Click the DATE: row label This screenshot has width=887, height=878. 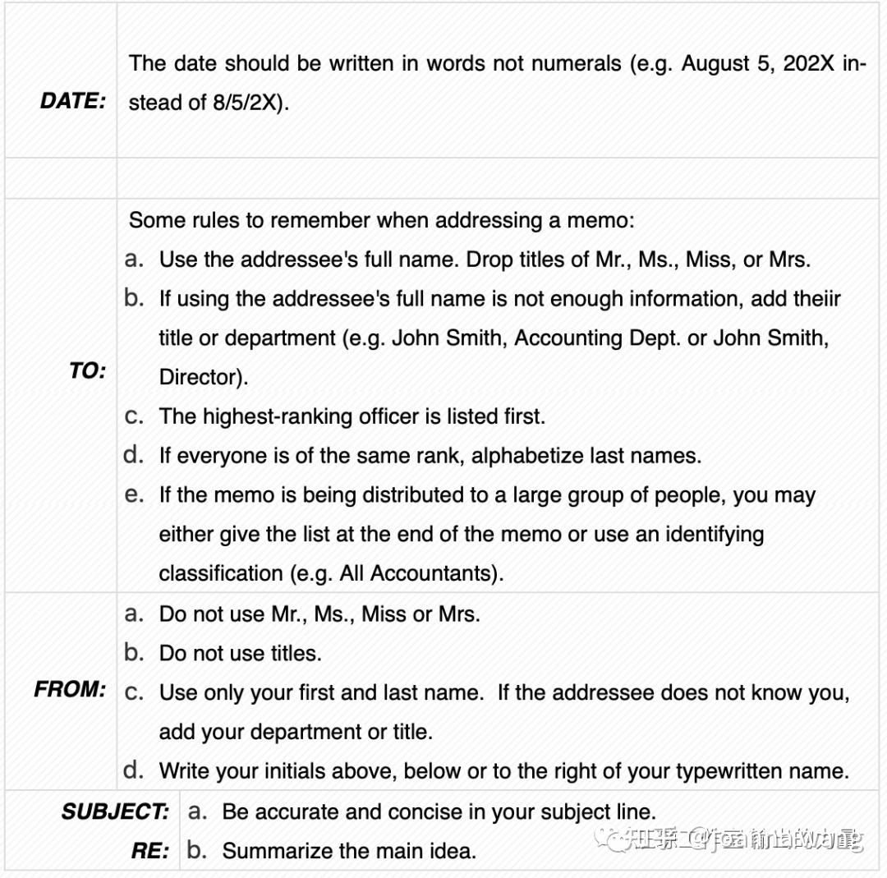click(x=73, y=102)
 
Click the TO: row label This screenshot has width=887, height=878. click(x=87, y=371)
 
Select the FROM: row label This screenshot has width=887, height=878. click(x=70, y=690)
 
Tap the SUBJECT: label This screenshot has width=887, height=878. click(x=115, y=812)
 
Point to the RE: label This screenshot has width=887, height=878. click(x=150, y=851)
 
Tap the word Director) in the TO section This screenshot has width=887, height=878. click(x=204, y=378)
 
